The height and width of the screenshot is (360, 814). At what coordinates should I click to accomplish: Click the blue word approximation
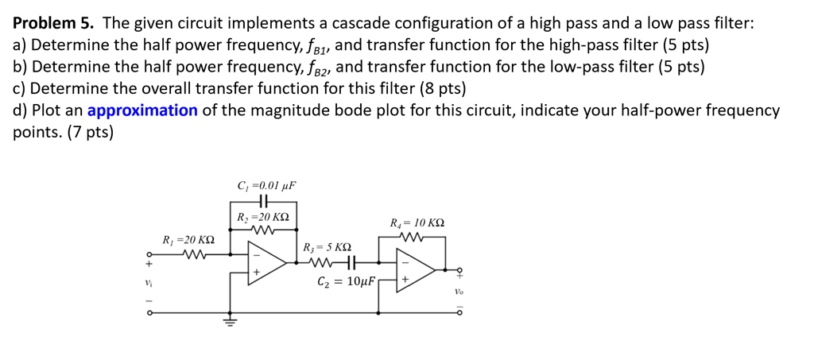pos(142,110)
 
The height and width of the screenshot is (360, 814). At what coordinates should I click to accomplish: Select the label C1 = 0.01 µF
pos(266,186)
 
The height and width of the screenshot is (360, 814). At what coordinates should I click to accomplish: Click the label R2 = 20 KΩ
pos(263,218)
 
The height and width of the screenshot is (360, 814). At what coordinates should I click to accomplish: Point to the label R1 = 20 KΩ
pos(188,239)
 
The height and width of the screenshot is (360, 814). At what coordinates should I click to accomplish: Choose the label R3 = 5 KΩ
pos(327,248)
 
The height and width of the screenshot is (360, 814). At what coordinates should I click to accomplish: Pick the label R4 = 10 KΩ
pos(417,223)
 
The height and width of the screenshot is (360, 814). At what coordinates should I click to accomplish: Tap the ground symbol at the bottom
pos(230,322)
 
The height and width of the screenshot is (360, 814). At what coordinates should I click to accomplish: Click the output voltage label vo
pos(459,292)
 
